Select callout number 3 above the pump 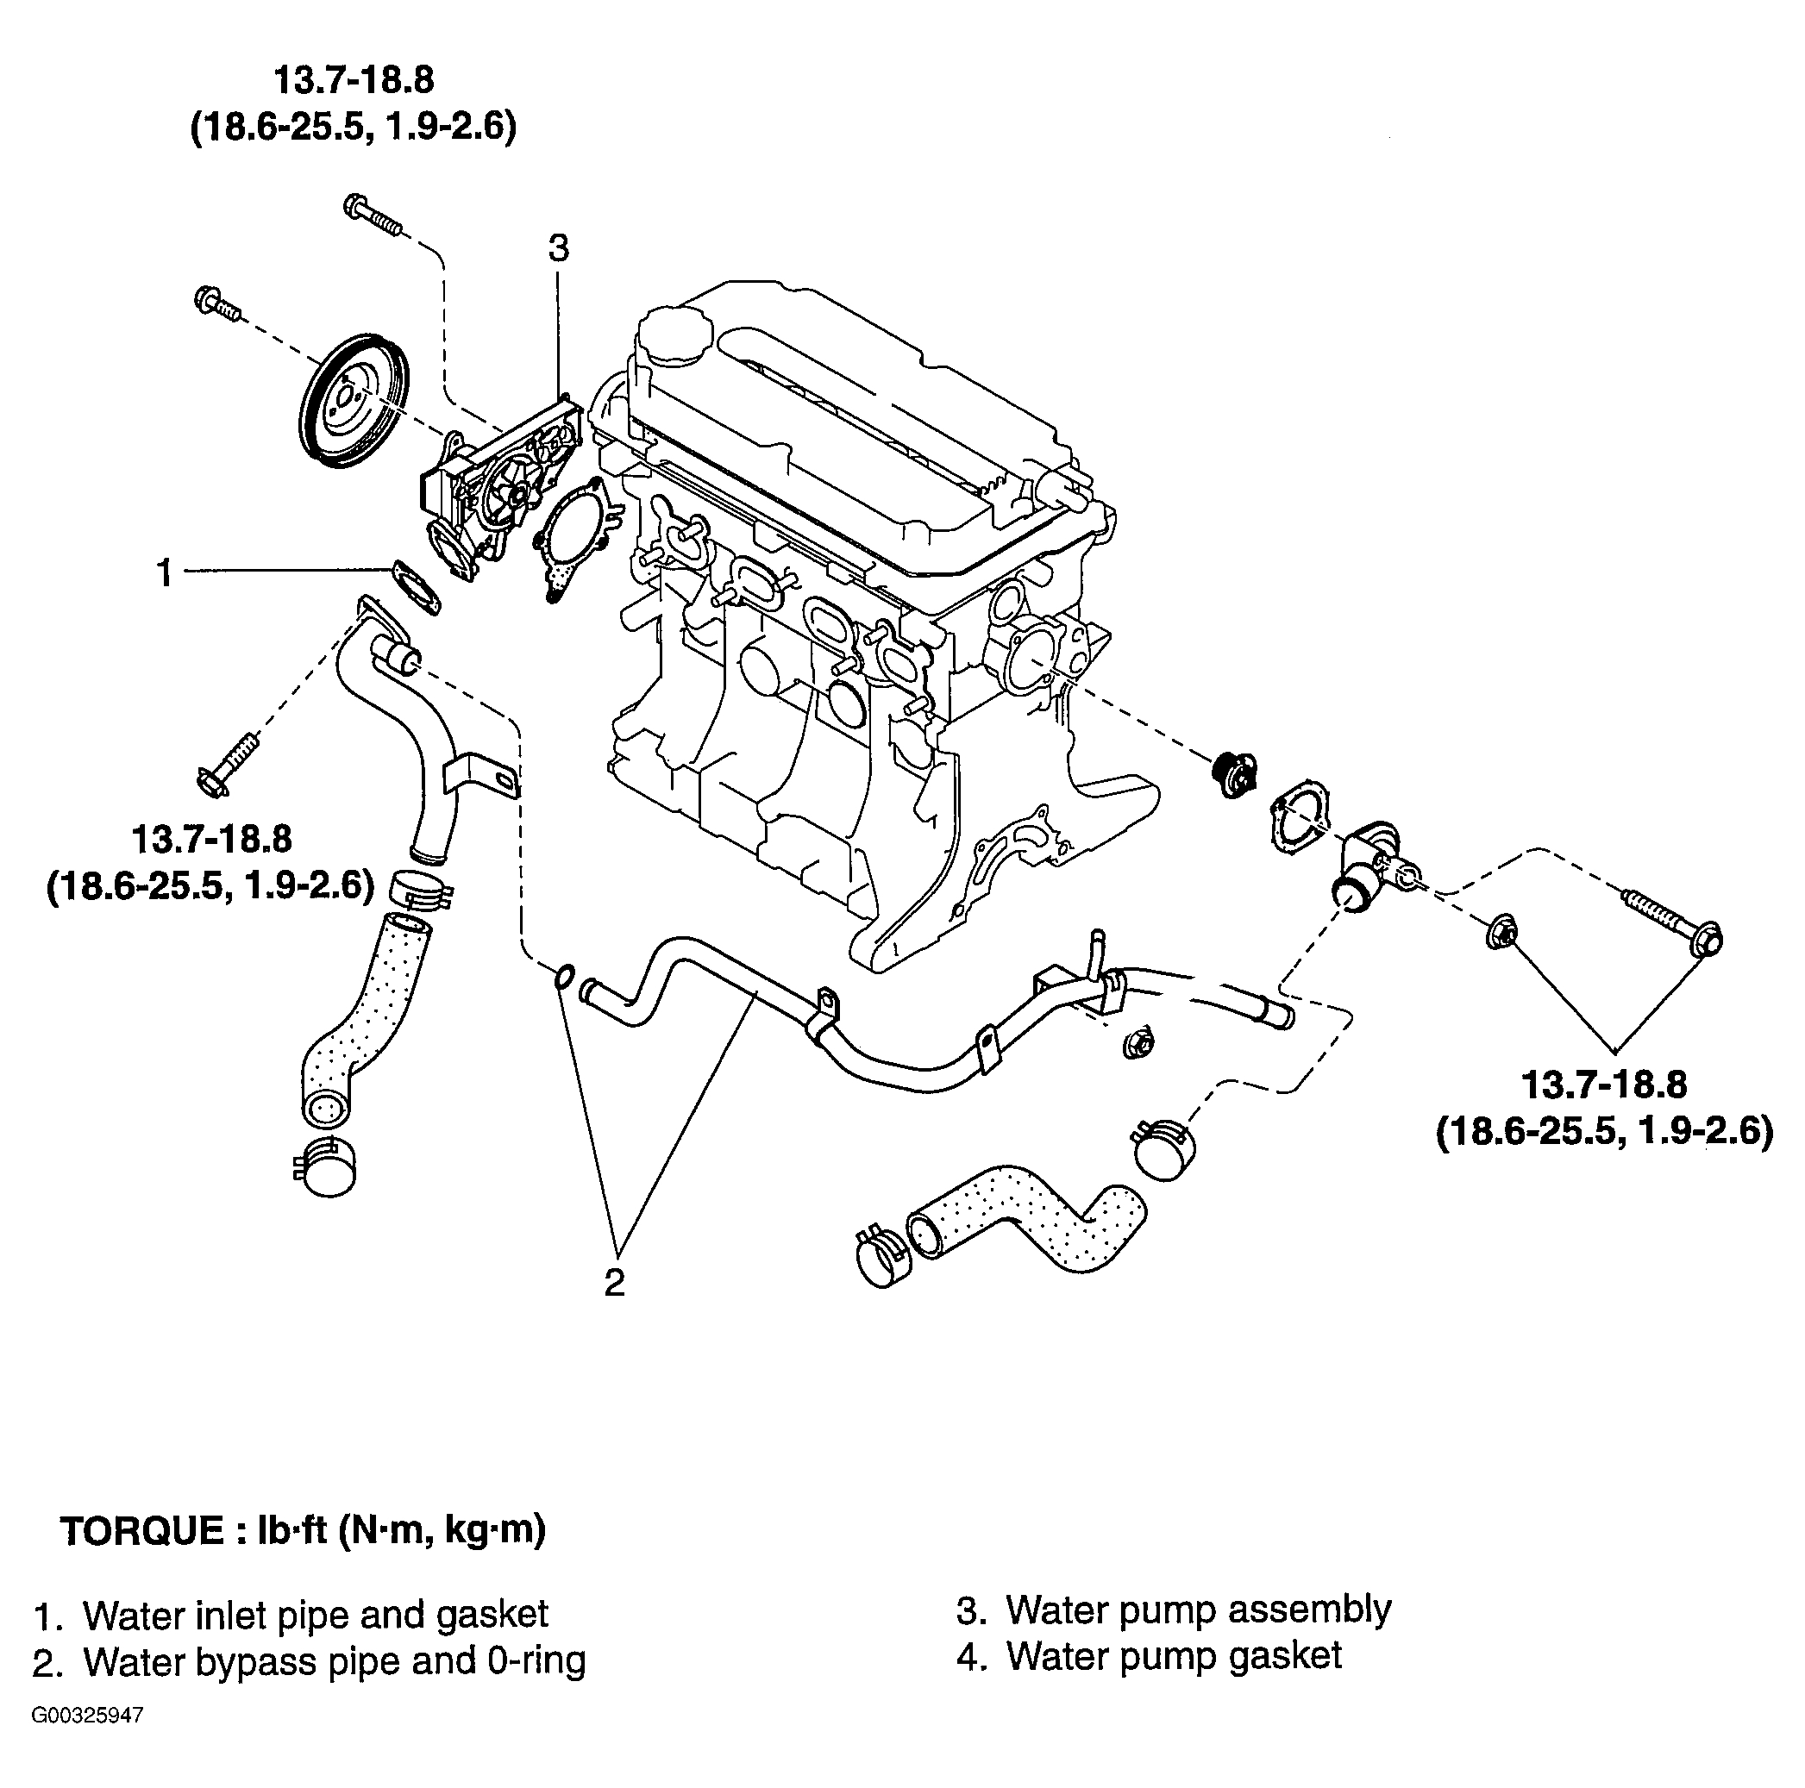(x=558, y=248)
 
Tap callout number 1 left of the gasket (x=165, y=572)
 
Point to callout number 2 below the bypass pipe (x=614, y=1283)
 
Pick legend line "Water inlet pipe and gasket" (x=291, y=1614)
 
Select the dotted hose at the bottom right (x=1028, y=1215)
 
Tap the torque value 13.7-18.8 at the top (x=354, y=80)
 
